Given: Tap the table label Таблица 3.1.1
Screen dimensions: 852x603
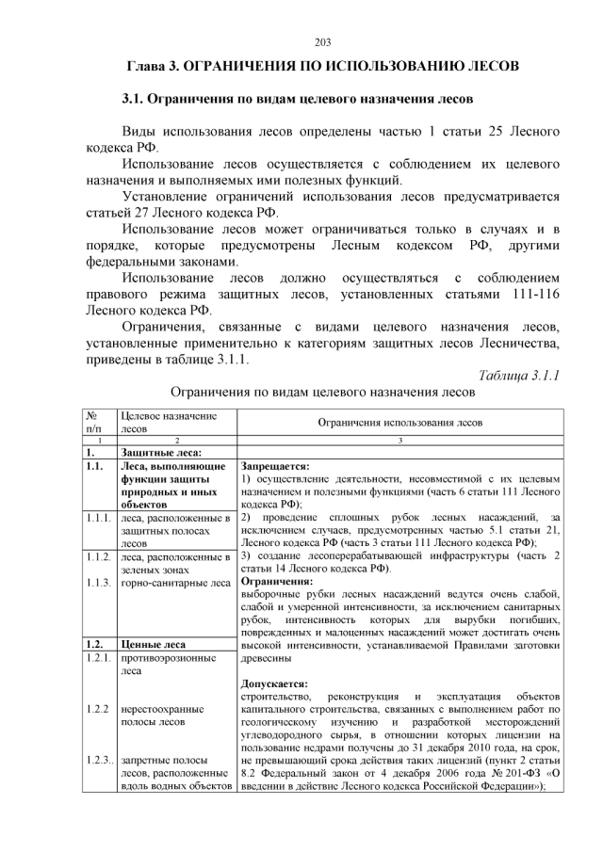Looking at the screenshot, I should click(519, 376).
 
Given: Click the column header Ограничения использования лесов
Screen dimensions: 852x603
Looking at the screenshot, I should click(399, 424).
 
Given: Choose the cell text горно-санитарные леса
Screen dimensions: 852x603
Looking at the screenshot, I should click(175, 583).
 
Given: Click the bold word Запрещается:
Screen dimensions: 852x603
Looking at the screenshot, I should click(276, 466).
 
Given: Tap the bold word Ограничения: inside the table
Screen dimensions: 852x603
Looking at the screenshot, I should click(277, 582).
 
